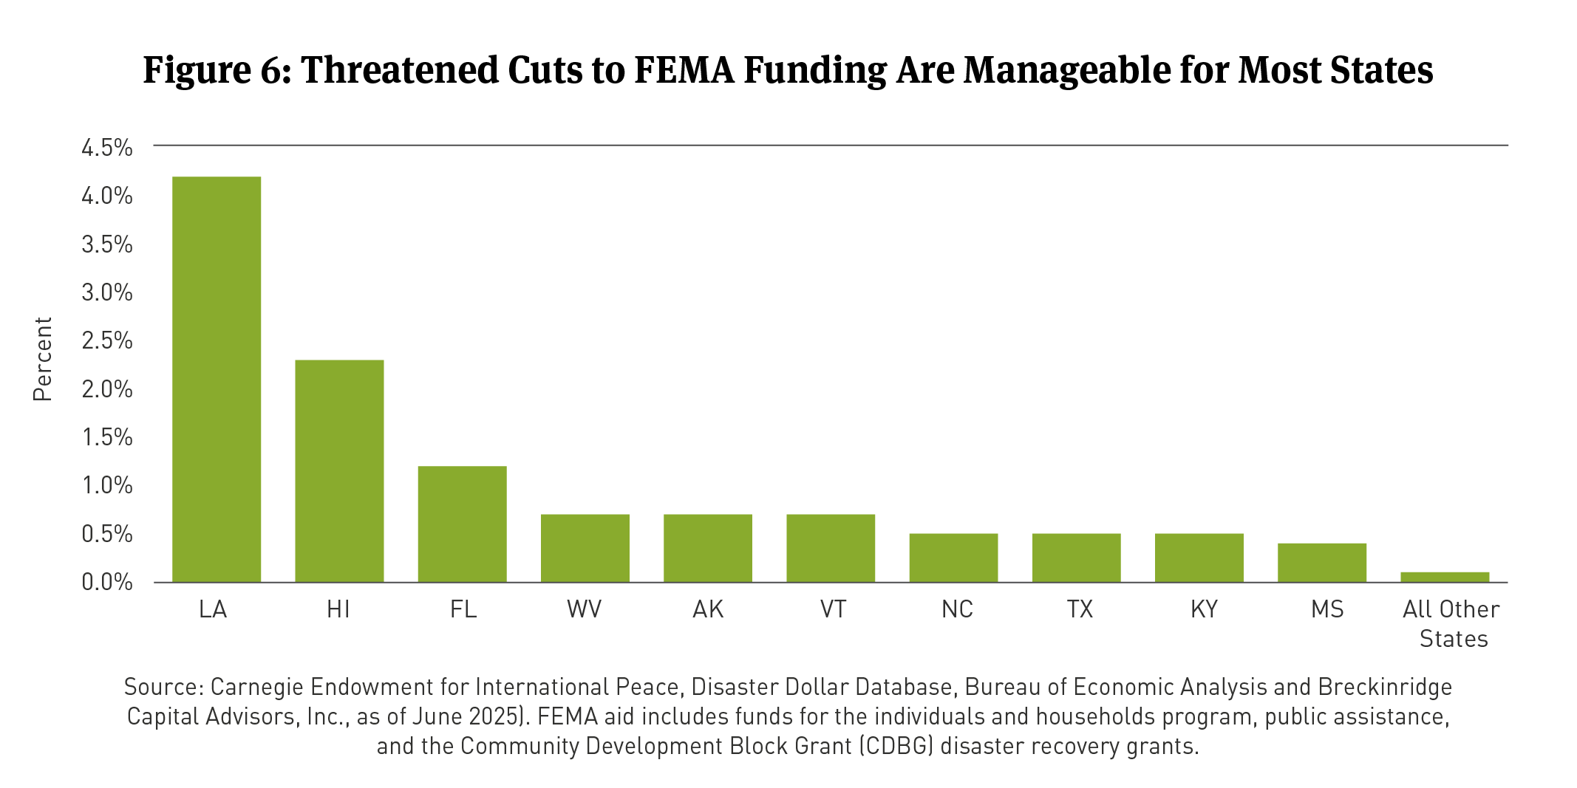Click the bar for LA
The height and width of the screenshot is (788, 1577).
(x=217, y=380)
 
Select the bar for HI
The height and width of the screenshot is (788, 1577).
(x=339, y=471)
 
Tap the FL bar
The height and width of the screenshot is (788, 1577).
(x=462, y=524)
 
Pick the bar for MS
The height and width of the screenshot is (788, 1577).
(x=1321, y=563)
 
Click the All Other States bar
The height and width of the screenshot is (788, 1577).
(x=1444, y=577)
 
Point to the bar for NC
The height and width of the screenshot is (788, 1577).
(x=953, y=558)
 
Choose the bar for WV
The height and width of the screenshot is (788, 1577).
(x=585, y=548)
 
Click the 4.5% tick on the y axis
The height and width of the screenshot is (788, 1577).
(x=107, y=148)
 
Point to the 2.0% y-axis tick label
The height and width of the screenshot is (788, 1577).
(x=107, y=389)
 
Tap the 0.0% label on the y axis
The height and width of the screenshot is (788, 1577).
(x=107, y=583)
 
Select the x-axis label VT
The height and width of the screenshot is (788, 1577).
(x=833, y=609)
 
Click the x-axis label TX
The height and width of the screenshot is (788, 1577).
(x=1080, y=609)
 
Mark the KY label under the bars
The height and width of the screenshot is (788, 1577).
(x=1204, y=609)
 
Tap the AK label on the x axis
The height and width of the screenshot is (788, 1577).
(x=708, y=609)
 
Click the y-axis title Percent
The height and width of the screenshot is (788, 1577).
(x=43, y=359)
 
